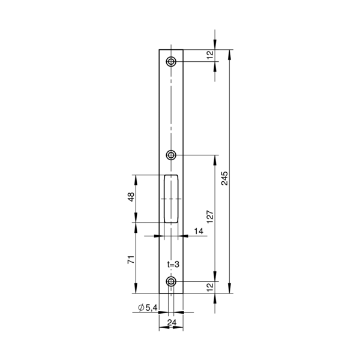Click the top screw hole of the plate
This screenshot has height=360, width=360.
click(x=171, y=62)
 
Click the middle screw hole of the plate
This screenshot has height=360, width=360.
click(x=171, y=155)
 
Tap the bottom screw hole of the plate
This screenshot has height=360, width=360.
click(x=171, y=281)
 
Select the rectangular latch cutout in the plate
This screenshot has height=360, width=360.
click(x=171, y=199)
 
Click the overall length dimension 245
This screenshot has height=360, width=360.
click(x=224, y=178)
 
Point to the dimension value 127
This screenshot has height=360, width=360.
click(x=210, y=217)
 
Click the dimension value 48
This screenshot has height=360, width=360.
click(x=131, y=197)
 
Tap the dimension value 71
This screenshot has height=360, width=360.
click(x=131, y=259)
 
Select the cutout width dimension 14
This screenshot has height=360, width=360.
click(x=199, y=231)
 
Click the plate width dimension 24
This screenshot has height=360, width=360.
click(x=172, y=323)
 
